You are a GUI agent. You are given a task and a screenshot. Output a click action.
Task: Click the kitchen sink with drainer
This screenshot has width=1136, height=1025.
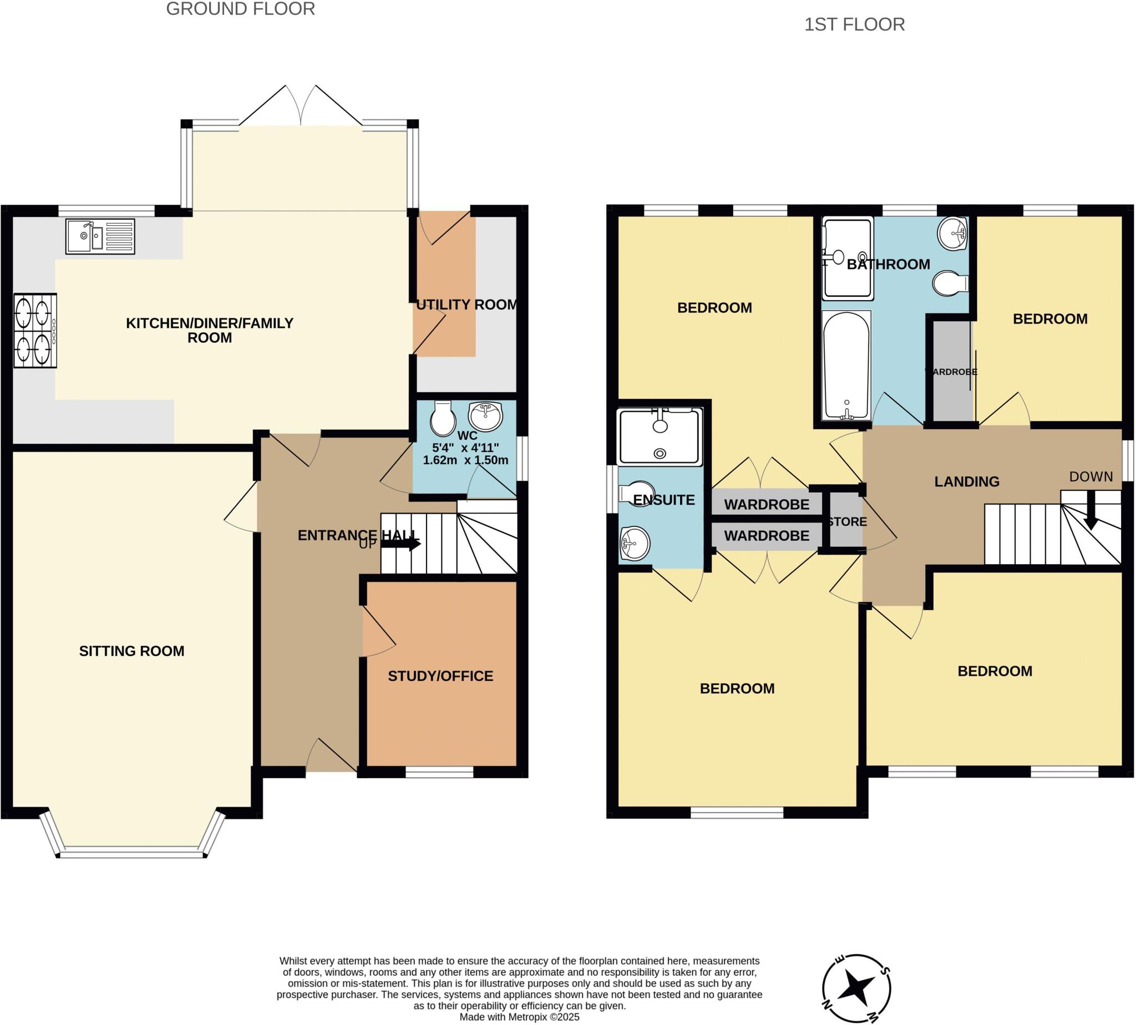pos(100,236)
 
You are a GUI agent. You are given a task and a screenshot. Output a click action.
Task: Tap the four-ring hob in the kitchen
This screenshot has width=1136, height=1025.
pos(35,331)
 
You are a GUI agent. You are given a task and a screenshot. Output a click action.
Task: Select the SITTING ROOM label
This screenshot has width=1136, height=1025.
pos(131,651)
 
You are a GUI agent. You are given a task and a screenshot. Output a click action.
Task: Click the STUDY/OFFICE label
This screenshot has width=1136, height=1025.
pos(440,676)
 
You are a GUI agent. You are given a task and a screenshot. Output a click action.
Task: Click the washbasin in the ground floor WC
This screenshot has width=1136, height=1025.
pos(485,416)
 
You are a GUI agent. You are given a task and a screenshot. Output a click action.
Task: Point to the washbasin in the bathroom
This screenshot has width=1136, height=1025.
pos(953,232)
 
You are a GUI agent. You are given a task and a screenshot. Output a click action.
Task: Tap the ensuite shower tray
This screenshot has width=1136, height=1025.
pos(660,437)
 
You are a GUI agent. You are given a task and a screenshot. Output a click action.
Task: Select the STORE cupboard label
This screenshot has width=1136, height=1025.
pos(846,522)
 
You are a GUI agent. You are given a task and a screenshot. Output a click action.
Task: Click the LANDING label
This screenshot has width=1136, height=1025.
pos(966,481)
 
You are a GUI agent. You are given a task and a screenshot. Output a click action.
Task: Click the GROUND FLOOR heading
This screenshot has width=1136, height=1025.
pos(241,9)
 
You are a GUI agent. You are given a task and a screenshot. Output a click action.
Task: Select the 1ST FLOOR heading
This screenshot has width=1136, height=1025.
pos(854,25)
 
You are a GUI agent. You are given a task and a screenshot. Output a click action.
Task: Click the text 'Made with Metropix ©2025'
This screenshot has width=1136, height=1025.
pos(519,1017)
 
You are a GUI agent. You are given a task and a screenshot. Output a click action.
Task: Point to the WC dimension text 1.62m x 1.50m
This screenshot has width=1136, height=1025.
pos(465,460)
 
